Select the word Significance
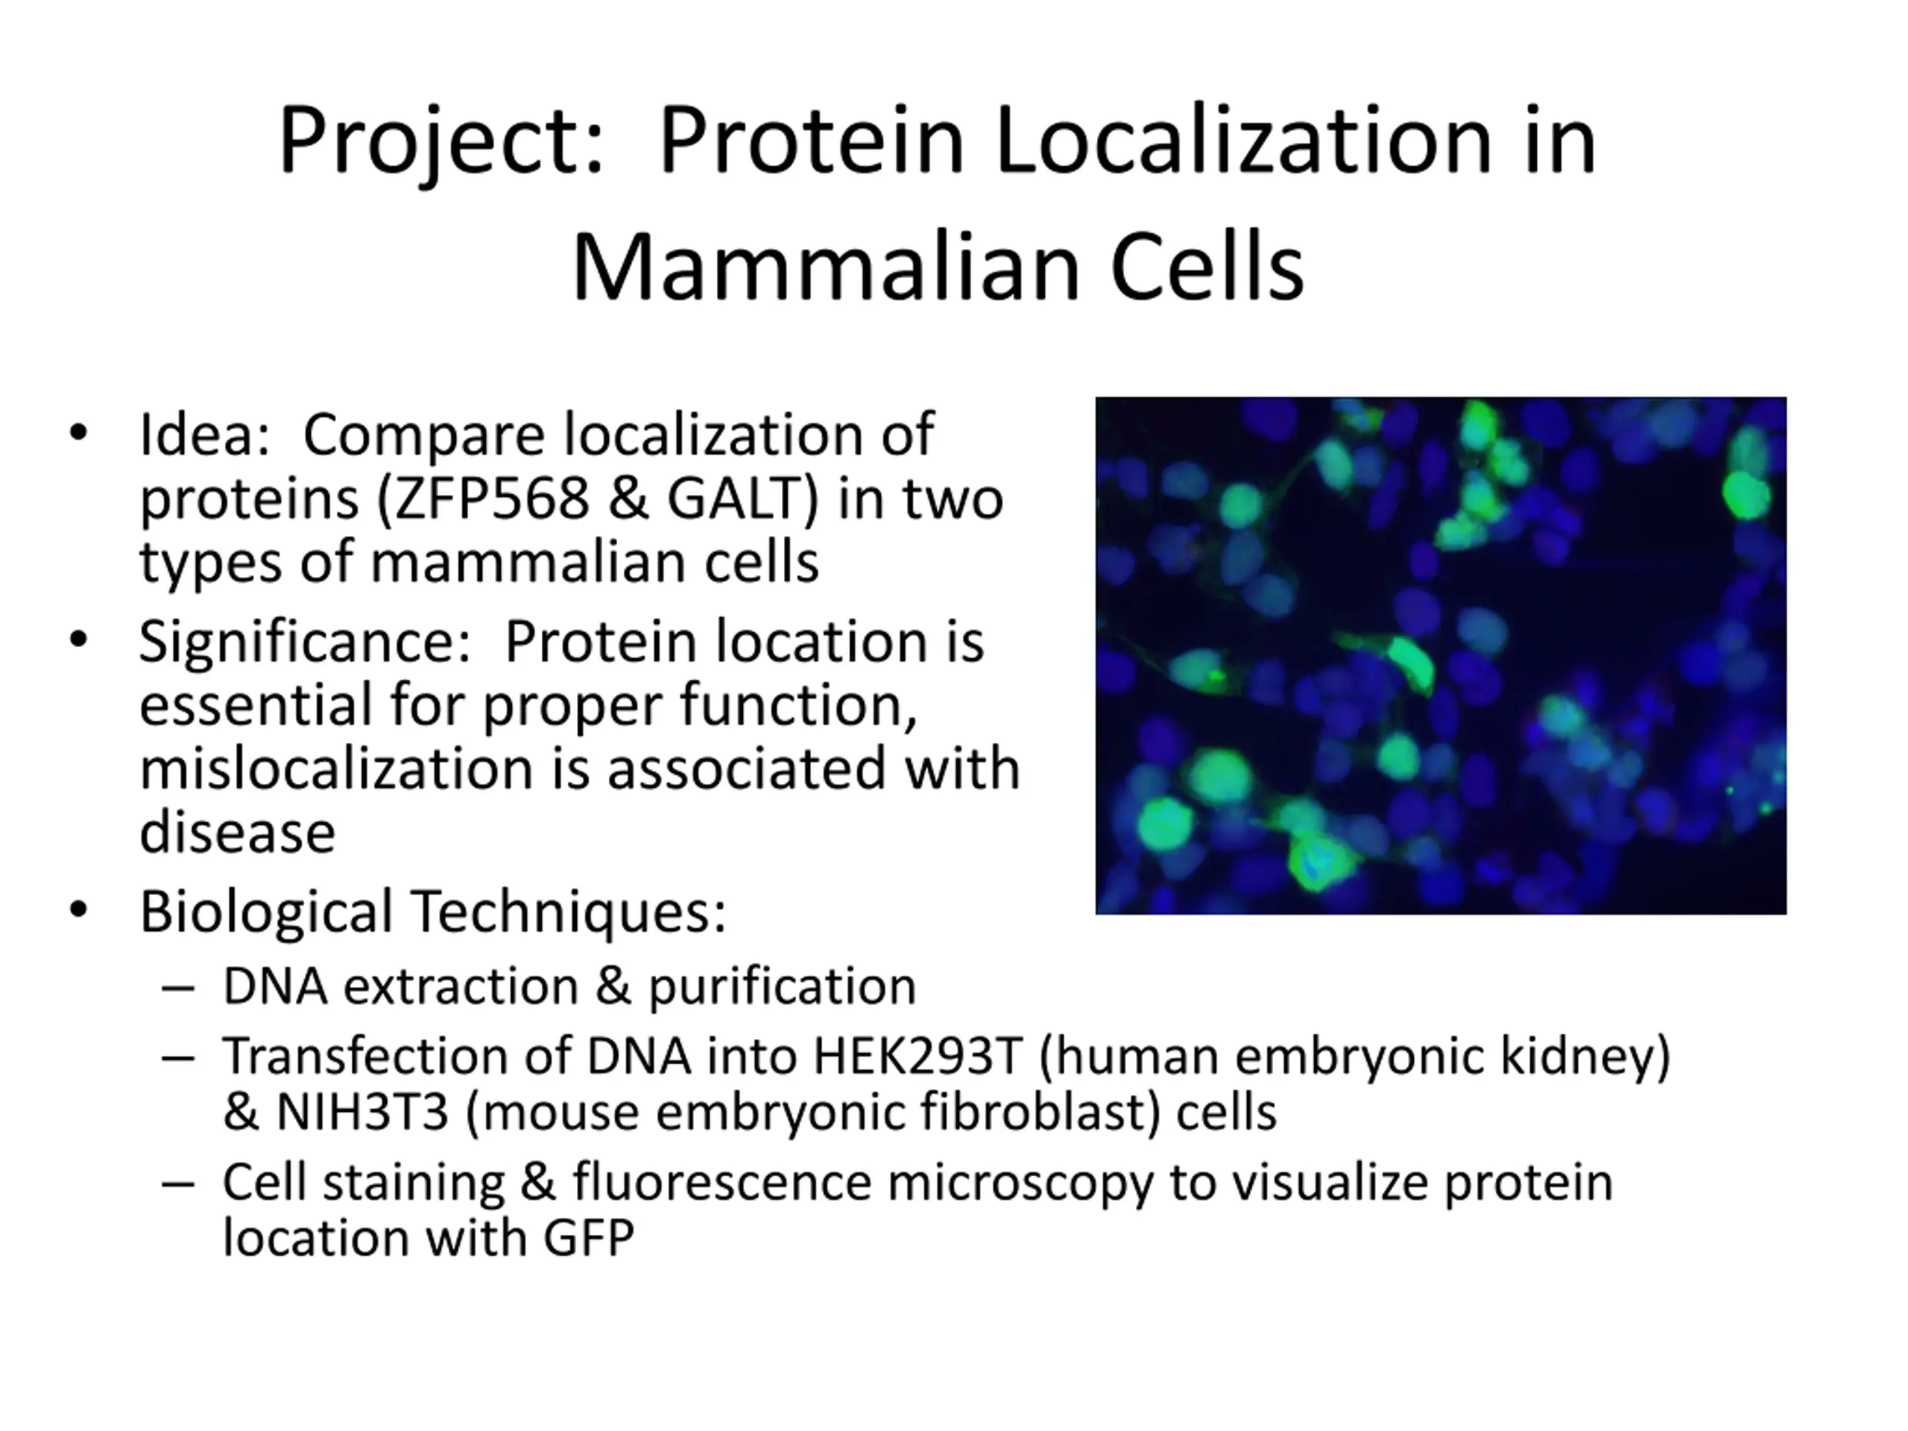coord(306,642)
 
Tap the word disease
coord(237,833)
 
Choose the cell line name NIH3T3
coord(362,1112)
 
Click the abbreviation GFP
coord(588,1238)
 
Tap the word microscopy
coord(1020,1184)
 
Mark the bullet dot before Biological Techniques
coord(79,911)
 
